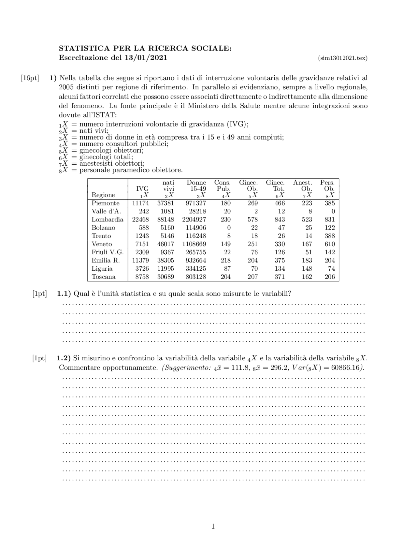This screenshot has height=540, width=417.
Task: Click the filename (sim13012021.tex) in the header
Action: tap(342, 58)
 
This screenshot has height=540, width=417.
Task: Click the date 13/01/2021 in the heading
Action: tap(146, 58)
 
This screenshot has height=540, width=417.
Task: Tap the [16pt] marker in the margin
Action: tap(30, 78)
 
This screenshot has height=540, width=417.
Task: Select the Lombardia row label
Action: tap(107, 219)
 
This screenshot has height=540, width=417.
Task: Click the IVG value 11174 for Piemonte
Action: tap(140, 203)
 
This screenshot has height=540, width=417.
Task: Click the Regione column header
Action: tap(103, 195)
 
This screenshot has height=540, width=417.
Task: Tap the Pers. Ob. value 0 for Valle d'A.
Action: tap(333, 211)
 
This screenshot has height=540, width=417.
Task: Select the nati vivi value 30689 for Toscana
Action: tap(165, 277)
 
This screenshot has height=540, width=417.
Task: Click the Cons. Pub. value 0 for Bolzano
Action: tap(229, 228)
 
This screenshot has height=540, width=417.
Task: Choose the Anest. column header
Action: tap(302, 183)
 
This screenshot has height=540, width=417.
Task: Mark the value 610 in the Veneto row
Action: tap(330, 244)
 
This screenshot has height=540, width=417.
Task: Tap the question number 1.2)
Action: tap(64, 358)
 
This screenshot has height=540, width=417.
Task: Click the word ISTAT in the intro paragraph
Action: tap(104, 115)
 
